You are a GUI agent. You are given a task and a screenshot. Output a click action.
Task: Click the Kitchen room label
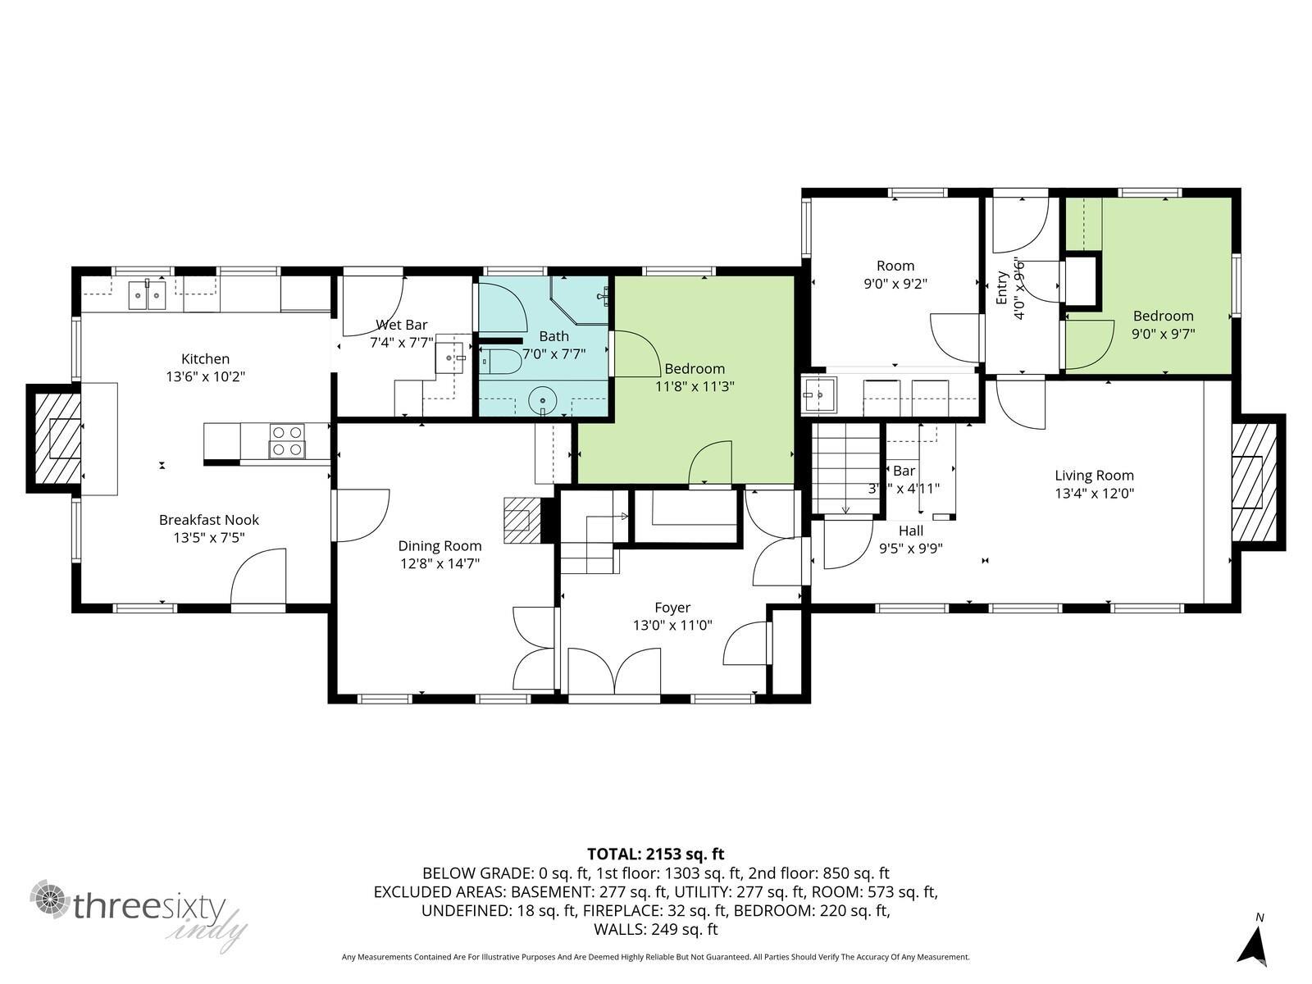point(205,359)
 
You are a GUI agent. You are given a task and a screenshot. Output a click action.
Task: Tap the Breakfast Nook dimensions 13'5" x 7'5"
point(208,538)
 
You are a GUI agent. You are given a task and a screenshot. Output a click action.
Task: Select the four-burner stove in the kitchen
point(287,440)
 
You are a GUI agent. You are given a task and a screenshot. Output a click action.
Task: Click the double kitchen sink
point(148,294)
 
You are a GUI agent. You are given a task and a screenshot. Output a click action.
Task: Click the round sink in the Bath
point(543,401)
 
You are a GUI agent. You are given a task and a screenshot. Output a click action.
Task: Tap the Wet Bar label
point(401,325)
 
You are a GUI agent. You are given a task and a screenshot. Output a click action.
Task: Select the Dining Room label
point(440,546)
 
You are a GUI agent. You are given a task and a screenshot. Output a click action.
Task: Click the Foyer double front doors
point(614,674)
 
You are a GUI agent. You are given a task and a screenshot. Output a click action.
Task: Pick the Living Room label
point(1094,476)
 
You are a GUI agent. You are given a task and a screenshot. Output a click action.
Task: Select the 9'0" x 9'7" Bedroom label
point(1163,316)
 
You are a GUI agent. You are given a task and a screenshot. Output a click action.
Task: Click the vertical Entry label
point(1002,289)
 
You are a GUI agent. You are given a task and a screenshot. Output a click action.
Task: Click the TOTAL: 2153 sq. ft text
point(655,854)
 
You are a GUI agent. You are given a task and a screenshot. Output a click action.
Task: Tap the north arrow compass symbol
point(1253,945)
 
